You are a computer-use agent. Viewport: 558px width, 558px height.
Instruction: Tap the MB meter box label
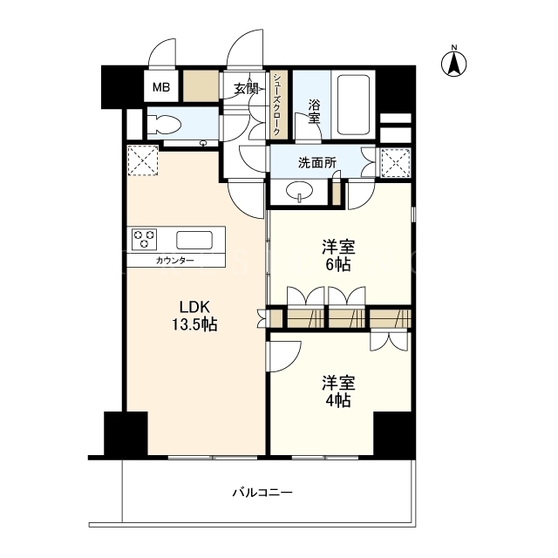click(x=161, y=87)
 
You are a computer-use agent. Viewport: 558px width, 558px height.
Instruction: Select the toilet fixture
click(x=165, y=125)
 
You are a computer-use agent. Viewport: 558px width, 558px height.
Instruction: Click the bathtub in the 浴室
click(x=353, y=105)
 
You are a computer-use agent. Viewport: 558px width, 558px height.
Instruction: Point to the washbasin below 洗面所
click(x=299, y=192)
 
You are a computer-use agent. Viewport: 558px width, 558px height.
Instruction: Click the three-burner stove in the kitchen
click(x=144, y=239)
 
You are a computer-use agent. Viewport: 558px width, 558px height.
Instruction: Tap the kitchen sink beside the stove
click(x=194, y=241)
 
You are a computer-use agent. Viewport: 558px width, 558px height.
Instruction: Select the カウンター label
click(x=174, y=261)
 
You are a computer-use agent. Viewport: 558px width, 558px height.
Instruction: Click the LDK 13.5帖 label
click(x=194, y=316)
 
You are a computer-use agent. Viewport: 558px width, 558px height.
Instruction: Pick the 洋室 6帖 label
click(x=338, y=255)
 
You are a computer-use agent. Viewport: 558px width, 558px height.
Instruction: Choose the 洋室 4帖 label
click(x=338, y=391)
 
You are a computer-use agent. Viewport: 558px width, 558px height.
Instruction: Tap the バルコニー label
click(x=262, y=493)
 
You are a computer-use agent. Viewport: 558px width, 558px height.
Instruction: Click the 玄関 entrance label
click(x=246, y=89)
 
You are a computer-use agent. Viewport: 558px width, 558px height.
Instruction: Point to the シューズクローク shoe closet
click(x=277, y=105)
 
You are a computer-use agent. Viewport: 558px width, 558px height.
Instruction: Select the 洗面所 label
click(x=317, y=163)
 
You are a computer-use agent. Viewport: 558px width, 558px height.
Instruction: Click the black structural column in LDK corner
click(x=126, y=433)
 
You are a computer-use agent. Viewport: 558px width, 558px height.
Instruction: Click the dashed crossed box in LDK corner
click(x=143, y=160)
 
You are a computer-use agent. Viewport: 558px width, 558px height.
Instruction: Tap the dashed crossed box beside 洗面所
click(x=396, y=163)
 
